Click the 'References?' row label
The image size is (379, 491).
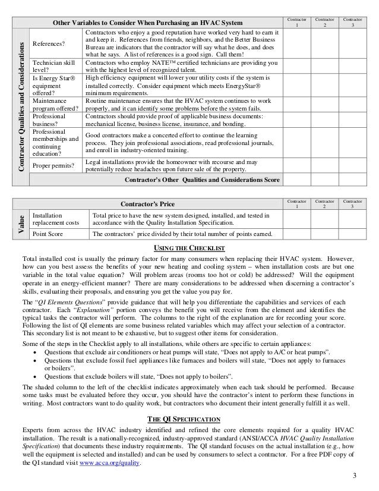[49, 43]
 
